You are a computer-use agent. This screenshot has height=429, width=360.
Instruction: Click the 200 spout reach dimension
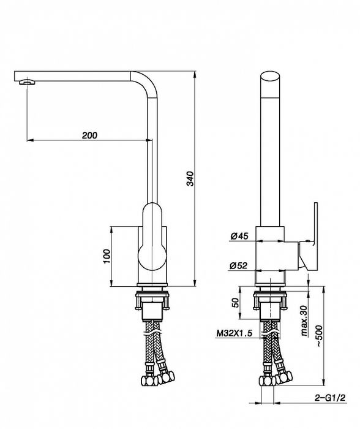coord(89,135)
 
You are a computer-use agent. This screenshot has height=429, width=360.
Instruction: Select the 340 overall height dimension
coord(190,179)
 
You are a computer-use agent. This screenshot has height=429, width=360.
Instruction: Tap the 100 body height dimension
coord(107,256)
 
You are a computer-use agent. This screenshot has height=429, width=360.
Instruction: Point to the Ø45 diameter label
coord(239,236)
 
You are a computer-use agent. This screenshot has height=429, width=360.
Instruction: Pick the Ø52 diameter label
coord(238,265)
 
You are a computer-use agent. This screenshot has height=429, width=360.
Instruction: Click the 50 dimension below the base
coord(235,303)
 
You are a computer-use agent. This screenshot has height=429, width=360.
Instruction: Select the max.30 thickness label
coord(304,321)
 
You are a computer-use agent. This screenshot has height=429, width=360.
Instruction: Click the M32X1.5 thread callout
coord(234,333)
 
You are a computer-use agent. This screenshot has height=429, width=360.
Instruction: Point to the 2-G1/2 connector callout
coord(330,398)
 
